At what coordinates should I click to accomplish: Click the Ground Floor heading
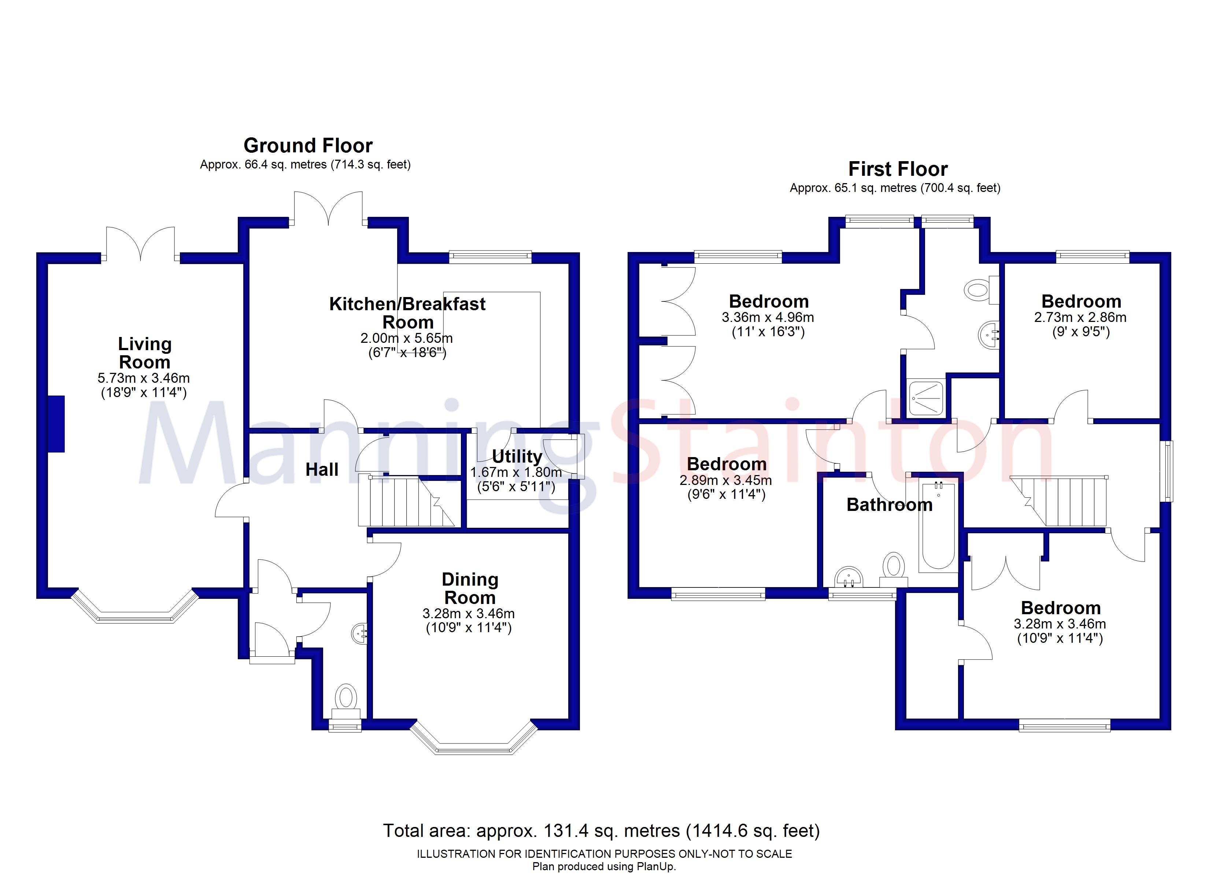coord(308,145)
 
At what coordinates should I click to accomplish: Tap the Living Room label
coord(144,353)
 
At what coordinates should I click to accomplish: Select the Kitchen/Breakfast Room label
coord(407,313)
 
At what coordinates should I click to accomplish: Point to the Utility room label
coord(517,456)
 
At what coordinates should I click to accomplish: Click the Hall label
coord(322,470)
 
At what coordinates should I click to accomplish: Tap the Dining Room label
coord(470,589)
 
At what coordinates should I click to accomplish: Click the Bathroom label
coord(890,505)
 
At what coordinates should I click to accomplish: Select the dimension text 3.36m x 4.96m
coord(768,318)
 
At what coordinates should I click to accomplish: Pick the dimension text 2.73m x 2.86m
coord(1080,318)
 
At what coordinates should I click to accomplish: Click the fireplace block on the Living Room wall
coord(56,424)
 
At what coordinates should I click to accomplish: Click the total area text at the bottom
coord(601,831)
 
